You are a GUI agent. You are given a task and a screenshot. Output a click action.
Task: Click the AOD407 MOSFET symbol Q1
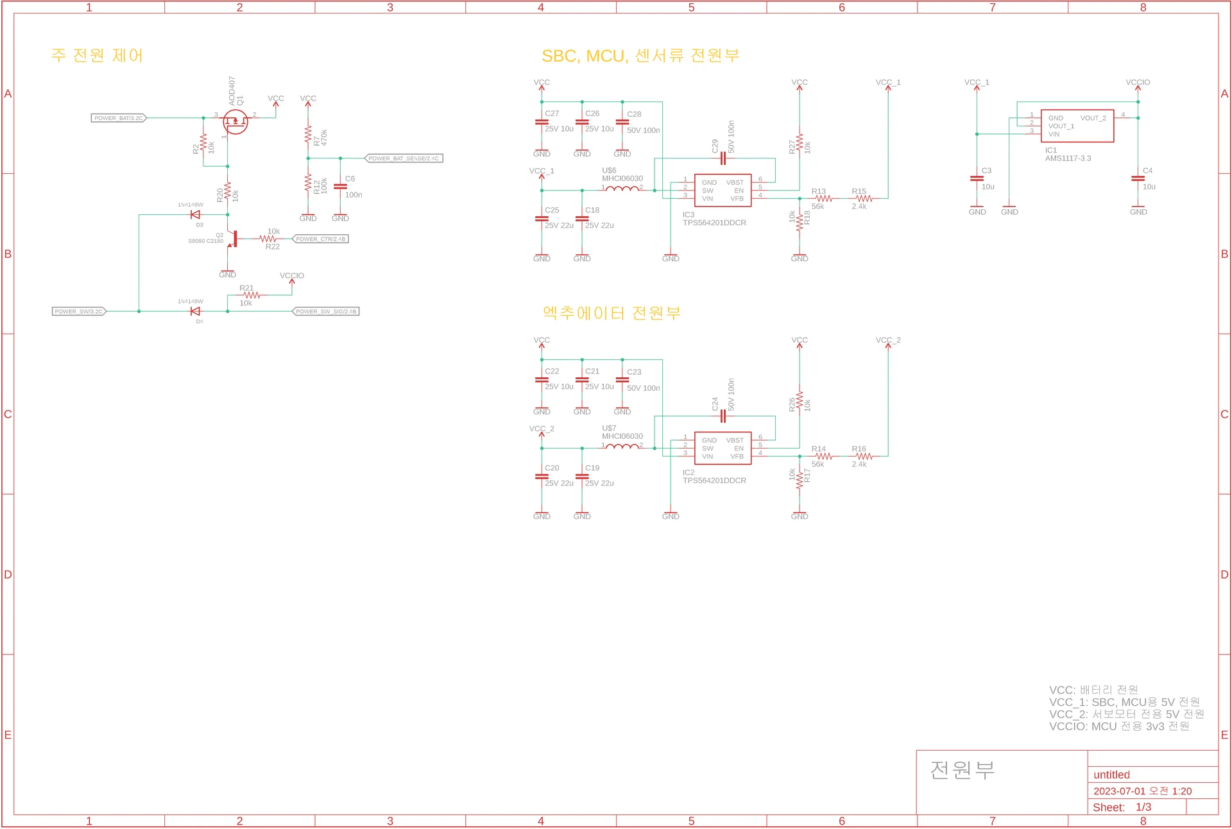(235, 121)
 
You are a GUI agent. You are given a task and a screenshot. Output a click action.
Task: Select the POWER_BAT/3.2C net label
(119, 118)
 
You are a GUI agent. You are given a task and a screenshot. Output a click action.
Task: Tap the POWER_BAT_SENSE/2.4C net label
(404, 158)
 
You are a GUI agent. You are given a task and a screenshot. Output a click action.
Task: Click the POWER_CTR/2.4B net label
(320, 239)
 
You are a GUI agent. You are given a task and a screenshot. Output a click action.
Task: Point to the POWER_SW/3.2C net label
(79, 312)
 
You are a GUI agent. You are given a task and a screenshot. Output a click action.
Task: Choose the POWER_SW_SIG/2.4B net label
(326, 312)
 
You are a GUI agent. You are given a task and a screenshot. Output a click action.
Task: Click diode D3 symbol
(196, 215)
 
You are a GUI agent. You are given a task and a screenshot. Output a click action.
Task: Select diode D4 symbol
(196, 312)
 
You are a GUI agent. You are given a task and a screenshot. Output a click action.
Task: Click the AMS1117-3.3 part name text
(1068, 158)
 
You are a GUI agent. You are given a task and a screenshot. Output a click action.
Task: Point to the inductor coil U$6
(622, 189)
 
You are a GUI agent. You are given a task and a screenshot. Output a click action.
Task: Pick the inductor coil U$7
(622, 447)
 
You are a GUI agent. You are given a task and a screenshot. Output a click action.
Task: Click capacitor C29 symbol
(723, 158)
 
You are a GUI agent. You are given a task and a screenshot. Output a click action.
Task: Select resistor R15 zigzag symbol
(864, 199)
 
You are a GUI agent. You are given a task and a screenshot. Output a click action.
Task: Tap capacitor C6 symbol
(341, 187)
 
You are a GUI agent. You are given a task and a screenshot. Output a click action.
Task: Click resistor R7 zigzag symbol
(308, 135)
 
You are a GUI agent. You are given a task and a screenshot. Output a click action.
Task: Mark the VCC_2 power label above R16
(888, 341)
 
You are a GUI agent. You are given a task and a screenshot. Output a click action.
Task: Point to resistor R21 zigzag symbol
(252, 295)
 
